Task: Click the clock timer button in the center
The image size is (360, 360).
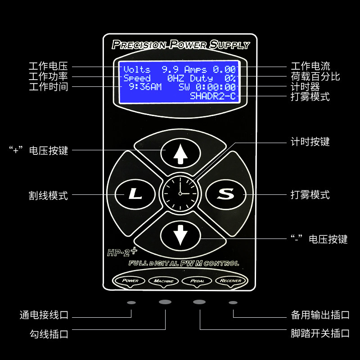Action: (x=180, y=193)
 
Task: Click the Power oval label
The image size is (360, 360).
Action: (x=131, y=280)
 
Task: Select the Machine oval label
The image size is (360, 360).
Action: (x=163, y=281)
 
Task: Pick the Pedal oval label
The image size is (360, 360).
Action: (x=197, y=281)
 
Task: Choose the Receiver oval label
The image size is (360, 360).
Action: (x=231, y=281)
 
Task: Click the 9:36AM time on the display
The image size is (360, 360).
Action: (x=145, y=87)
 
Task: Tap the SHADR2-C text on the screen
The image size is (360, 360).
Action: (x=212, y=96)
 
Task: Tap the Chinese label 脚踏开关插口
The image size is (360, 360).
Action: (x=320, y=334)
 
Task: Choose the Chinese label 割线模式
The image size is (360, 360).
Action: (x=48, y=195)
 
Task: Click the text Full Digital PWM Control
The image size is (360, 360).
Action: (x=184, y=263)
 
